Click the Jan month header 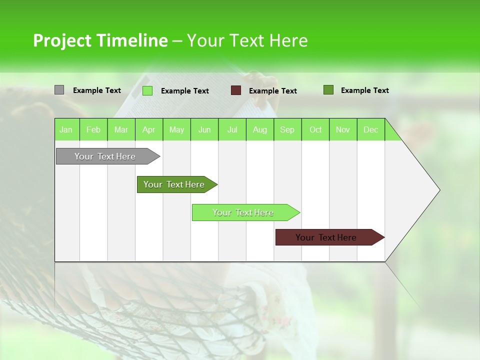66,129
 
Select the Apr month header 148,129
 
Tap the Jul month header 232,129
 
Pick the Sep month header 287,129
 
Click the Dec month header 370,129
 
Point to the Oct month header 315,129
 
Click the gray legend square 59,90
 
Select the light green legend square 147,90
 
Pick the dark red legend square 236,90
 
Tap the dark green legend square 328,90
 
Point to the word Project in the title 62,40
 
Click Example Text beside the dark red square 272,91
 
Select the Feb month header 93,129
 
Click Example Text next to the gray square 97,90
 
